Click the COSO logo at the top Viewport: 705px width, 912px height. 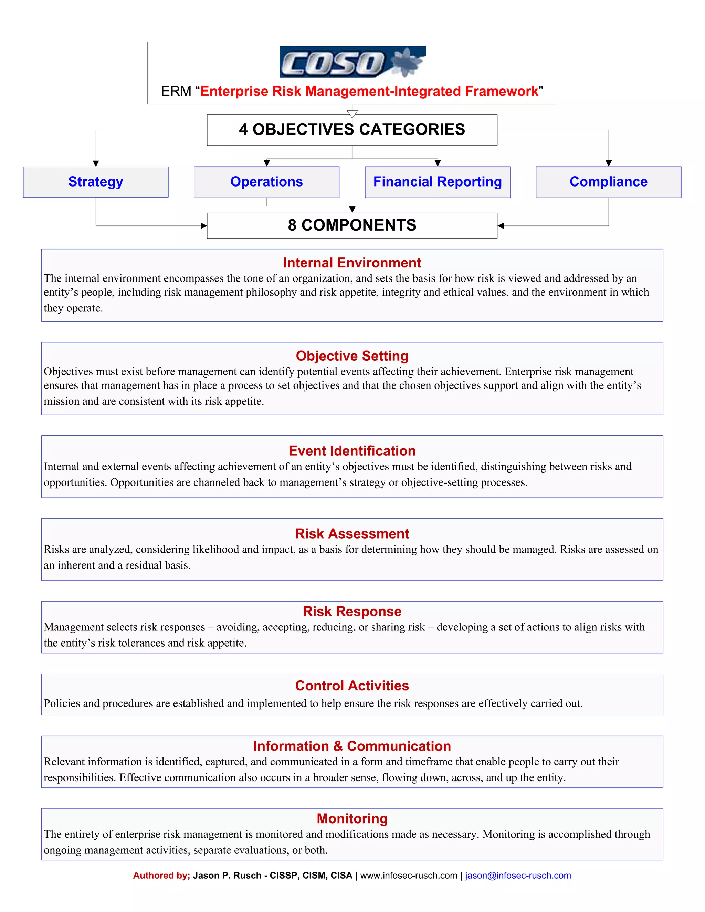(x=352, y=62)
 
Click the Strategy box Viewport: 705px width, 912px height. (x=96, y=182)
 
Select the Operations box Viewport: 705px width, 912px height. (x=266, y=182)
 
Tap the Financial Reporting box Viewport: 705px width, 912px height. (x=437, y=182)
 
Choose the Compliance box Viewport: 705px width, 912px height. (x=608, y=182)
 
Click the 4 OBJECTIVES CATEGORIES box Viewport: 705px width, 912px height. (x=352, y=130)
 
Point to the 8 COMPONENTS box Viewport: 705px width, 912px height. (x=352, y=225)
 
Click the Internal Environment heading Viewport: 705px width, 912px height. (x=352, y=263)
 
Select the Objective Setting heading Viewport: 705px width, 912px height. (x=352, y=356)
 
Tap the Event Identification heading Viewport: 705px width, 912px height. (x=352, y=451)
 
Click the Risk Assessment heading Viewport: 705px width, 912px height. (x=352, y=534)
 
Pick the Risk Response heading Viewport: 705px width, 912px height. (x=352, y=611)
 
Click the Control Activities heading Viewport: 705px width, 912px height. (x=352, y=686)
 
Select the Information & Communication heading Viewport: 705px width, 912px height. (x=352, y=746)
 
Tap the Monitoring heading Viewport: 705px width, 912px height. (x=352, y=818)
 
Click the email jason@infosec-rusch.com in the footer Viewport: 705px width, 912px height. (x=518, y=876)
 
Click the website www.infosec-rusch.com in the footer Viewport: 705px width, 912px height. (x=409, y=876)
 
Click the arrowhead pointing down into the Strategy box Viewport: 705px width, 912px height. (x=96, y=163)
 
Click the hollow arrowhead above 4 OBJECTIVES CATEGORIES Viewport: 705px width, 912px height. (x=352, y=114)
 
